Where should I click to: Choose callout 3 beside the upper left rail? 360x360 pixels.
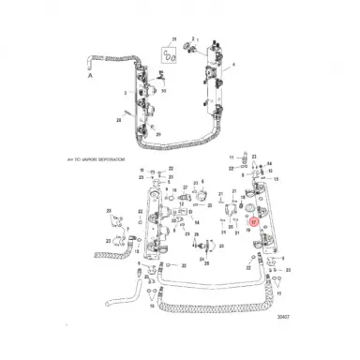point(126,95)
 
